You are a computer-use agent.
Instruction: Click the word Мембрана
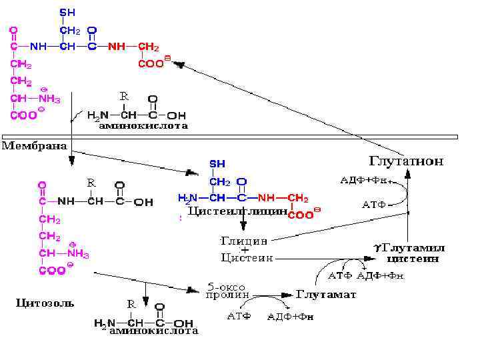point(35,145)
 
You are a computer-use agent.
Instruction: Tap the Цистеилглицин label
point(237,211)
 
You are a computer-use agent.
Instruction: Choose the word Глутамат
point(326,294)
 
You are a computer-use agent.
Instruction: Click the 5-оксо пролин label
point(228,289)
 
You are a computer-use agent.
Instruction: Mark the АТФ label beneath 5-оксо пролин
point(238,315)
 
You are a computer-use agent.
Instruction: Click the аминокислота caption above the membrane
point(143,125)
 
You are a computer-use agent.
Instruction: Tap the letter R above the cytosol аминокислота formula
point(131,304)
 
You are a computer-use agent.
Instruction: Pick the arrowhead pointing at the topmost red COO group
point(179,64)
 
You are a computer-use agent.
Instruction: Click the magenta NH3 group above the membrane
point(49,99)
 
